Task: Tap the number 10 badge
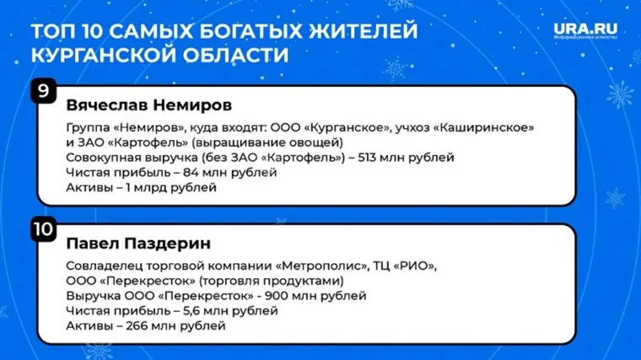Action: (43, 228)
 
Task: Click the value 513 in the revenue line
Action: (358, 158)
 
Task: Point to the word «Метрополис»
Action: (310, 266)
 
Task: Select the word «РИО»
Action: (417, 266)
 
